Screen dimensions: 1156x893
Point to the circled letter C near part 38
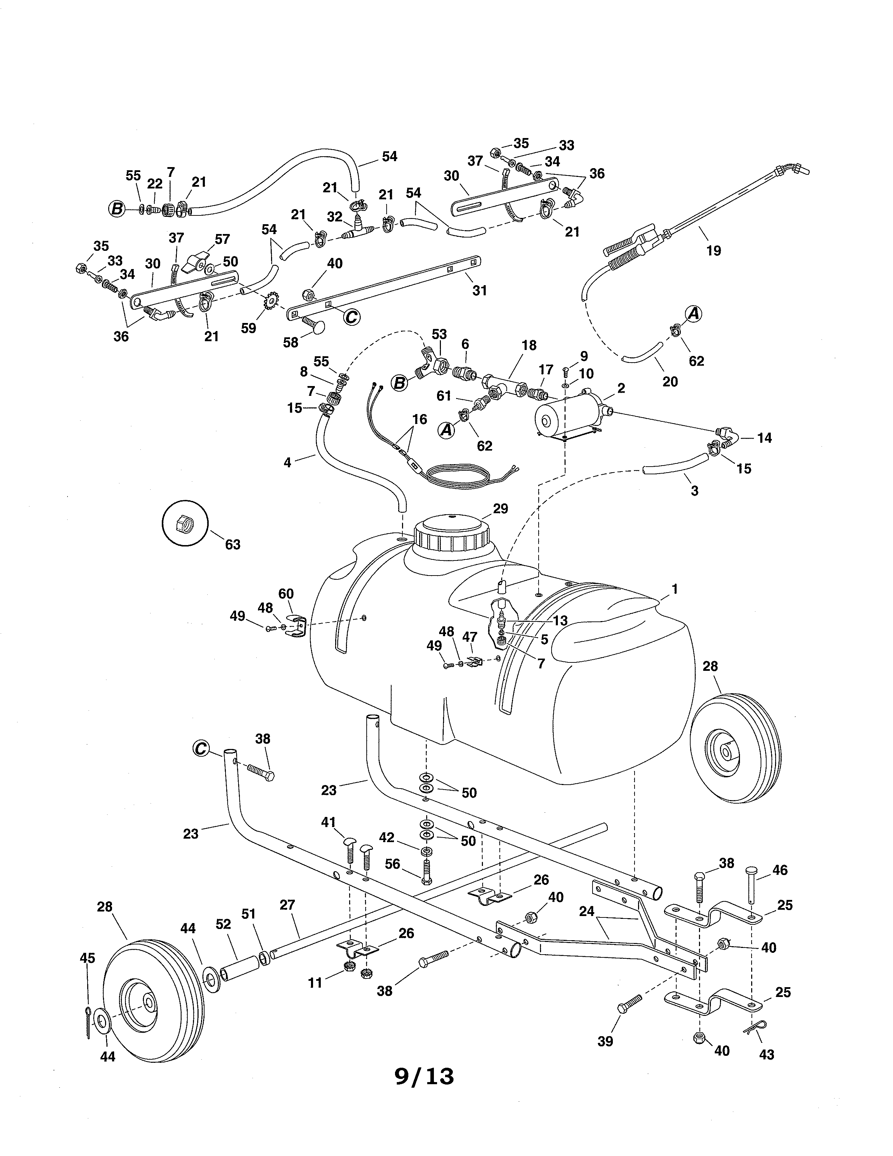201,749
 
